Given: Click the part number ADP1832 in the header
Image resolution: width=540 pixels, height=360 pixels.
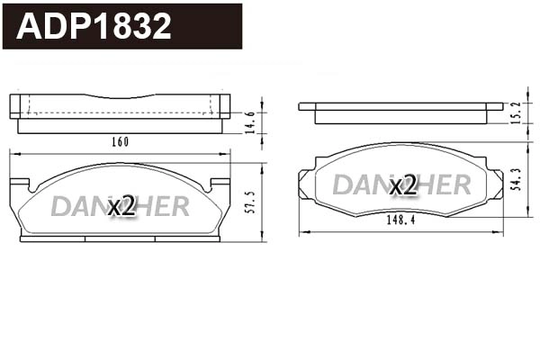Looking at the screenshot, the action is pos(94,26).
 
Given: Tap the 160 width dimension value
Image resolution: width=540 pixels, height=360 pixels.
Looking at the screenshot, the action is pos(121,142).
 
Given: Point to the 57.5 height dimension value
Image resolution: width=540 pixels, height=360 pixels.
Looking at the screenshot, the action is pos(251,202).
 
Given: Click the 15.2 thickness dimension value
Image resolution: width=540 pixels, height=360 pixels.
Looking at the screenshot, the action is pos(517,113).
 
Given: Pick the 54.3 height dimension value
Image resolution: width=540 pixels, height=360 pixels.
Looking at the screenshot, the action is pos(517,179).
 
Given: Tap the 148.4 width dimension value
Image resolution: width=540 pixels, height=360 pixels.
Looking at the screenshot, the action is pos(400,220).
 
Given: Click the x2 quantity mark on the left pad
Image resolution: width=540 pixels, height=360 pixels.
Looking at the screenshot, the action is pos(121,206).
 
